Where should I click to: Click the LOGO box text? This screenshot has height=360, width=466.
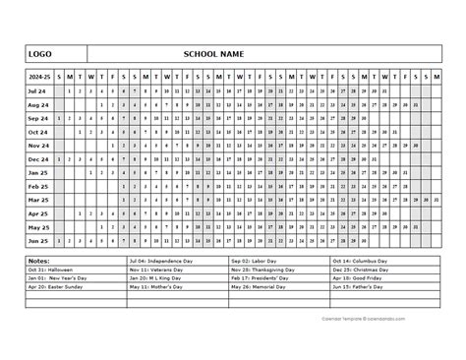pos(40,52)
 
